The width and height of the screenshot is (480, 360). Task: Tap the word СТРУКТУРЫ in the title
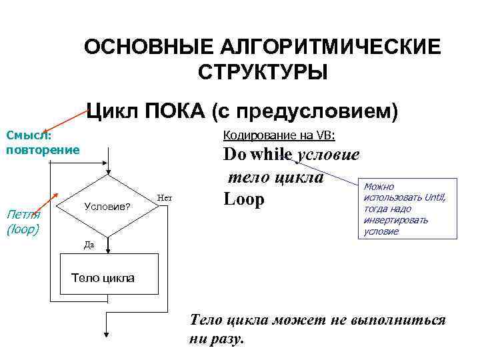pyautogui.click(x=262, y=71)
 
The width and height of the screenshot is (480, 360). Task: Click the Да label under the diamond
pyautogui.click(x=89, y=245)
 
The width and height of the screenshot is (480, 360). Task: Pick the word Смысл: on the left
pyautogui.click(x=28, y=135)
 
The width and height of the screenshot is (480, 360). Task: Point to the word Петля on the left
pyautogui.click(x=23, y=214)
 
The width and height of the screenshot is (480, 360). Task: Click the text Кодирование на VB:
pyautogui.click(x=279, y=135)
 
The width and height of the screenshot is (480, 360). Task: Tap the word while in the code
pyautogui.click(x=271, y=155)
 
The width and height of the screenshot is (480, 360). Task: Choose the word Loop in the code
pyautogui.click(x=244, y=199)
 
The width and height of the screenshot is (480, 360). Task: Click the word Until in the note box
pyautogui.click(x=434, y=197)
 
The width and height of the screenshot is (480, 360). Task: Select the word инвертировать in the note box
pyautogui.click(x=395, y=220)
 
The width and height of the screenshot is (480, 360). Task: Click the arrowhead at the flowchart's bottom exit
pyautogui.click(x=106, y=336)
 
